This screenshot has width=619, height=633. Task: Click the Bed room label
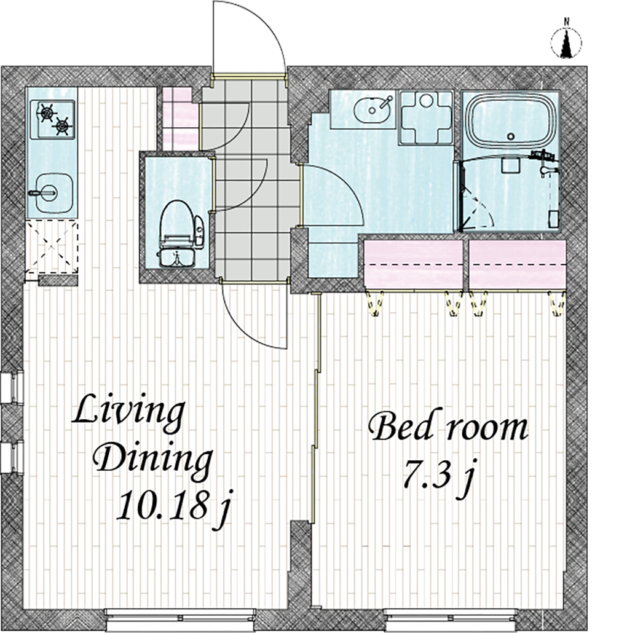448,428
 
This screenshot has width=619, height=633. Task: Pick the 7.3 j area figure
439,477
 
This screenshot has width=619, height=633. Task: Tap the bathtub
510,122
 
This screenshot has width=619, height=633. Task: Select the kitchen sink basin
54,192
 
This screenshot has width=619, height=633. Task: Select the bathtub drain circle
511,136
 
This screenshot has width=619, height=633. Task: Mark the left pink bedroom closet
413,264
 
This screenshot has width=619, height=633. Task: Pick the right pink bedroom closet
518,264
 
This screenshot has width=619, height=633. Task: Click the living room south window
180,617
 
